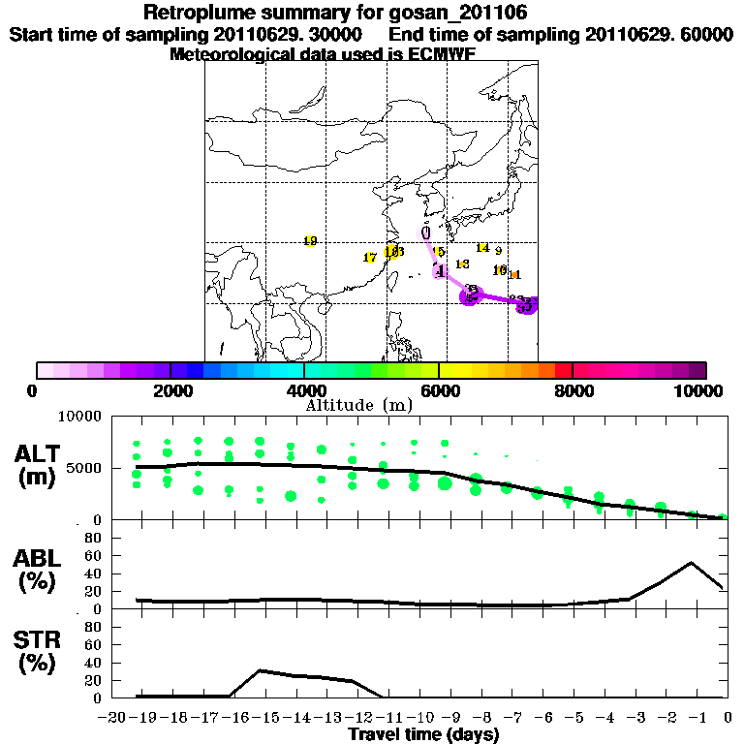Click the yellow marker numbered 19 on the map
(310, 241)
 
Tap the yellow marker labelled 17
(369, 258)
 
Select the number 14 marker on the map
(482, 249)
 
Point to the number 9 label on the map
(498, 252)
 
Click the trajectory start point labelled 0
(425, 232)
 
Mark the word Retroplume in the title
(201, 14)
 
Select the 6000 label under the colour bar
(439, 390)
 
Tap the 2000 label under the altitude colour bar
(170, 390)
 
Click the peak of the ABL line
(692, 563)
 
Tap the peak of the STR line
(260, 670)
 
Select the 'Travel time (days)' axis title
(423, 734)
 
